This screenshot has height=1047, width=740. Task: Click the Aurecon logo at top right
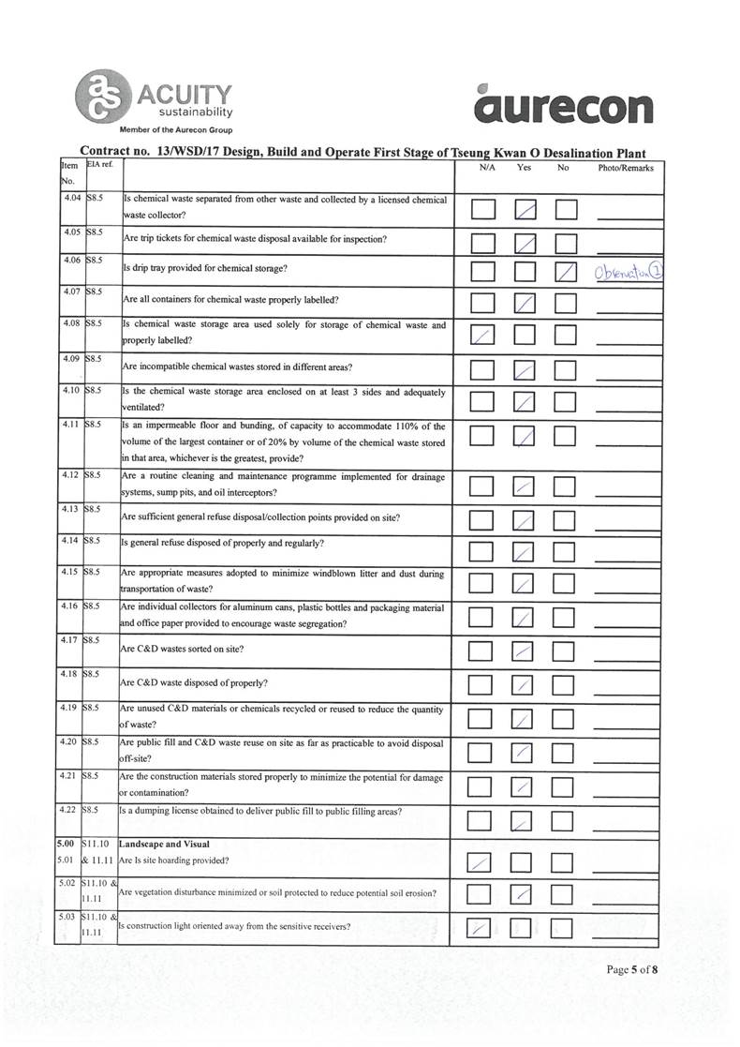tap(564, 107)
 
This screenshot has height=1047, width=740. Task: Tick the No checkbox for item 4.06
tap(567, 272)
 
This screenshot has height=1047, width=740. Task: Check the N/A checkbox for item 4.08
tap(482, 335)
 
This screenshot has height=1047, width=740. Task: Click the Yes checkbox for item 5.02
tap(525, 895)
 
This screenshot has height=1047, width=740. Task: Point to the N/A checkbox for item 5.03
tap(482, 928)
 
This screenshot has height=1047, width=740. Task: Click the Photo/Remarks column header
tap(625, 169)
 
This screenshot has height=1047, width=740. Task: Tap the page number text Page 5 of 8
tap(632, 970)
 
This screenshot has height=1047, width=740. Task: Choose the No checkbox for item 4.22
tap(567, 822)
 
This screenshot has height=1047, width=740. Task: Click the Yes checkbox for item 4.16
tap(525, 618)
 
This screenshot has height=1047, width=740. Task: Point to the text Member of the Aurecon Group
tap(176, 130)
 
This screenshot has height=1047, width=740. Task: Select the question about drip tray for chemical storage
tap(206, 269)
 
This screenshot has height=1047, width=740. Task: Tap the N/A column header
tap(486, 169)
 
